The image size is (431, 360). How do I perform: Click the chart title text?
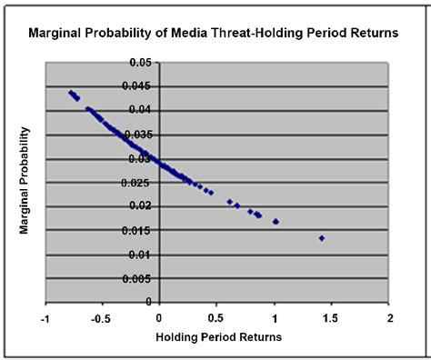point(214,35)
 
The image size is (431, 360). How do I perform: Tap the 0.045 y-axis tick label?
point(138,87)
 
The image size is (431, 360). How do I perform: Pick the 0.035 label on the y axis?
point(138,135)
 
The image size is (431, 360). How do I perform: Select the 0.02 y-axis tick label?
point(138,206)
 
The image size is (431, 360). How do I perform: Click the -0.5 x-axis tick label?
point(101,317)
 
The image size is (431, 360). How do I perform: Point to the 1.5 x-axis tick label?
point(332,317)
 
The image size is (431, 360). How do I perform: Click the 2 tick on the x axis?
point(389,317)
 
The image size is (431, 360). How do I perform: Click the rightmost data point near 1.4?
point(322,238)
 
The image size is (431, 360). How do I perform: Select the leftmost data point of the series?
point(71,92)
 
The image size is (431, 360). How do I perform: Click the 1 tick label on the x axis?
point(275,317)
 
